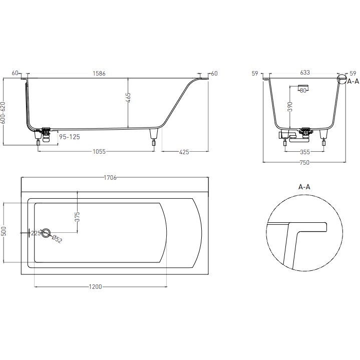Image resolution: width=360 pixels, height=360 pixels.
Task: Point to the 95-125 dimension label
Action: (x=69, y=136)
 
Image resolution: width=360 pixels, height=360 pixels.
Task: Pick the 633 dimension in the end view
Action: (x=305, y=73)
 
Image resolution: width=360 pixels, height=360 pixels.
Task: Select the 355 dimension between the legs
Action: (x=304, y=153)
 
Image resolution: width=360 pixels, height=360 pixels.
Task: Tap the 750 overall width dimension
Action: (x=304, y=162)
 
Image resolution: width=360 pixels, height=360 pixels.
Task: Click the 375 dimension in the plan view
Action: (x=77, y=216)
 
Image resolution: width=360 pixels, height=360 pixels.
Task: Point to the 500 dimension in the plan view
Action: (x=4, y=232)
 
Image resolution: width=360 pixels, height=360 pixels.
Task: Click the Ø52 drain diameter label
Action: (x=57, y=240)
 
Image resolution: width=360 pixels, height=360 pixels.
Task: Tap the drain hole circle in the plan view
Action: (x=46, y=232)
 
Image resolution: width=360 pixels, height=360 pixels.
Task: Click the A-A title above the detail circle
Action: (x=304, y=187)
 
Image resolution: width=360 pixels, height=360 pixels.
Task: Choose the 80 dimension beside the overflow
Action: (x=302, y=90)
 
